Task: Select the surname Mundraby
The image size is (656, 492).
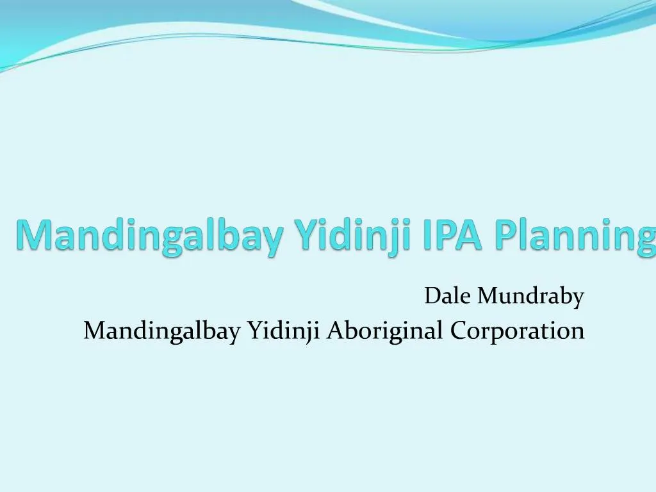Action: (x=531, y=297)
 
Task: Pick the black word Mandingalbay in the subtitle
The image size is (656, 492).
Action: (x=163, y=331)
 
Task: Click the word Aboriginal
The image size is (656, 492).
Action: (x=385, y=331)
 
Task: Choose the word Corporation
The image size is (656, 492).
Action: (x=517, y=331)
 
